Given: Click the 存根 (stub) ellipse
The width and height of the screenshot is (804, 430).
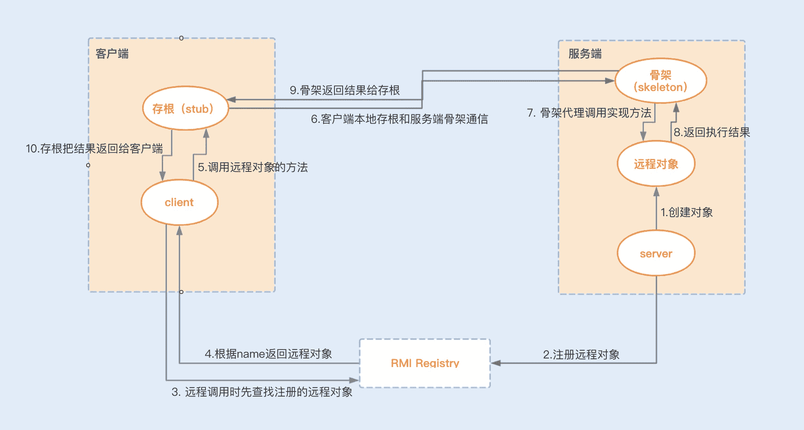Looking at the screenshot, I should (x=185, y=108).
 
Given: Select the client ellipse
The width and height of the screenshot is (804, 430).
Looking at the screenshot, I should (x=179, y=202).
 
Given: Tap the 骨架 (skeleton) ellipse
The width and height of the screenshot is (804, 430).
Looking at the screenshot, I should (x=661, y=81).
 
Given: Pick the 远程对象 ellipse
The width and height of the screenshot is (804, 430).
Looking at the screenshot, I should (x=656, y=164).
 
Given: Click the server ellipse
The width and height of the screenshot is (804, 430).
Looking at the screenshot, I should (x=656, y=253).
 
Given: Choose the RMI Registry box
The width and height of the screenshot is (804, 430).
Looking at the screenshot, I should (x=425, y=363).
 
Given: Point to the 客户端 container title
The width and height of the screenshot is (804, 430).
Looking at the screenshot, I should (x=112, y=54).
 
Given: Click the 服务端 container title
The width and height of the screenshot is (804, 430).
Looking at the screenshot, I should (x=585, y=54).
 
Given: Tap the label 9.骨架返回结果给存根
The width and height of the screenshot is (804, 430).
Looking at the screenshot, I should (x=345, y=90).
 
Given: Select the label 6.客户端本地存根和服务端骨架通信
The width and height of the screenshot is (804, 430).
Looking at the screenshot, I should (x=399, y=119).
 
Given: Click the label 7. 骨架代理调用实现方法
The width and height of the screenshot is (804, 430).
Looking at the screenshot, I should (x=589, y=113).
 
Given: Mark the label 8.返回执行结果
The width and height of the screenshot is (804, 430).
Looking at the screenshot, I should (x=712, y=132).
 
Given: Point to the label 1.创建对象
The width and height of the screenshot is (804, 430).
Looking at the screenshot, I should (x=687, y=212).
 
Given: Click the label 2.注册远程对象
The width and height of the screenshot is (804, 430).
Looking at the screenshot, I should (x=581, y=355).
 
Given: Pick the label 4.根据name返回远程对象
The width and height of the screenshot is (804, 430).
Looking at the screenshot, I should (x=268, y=354).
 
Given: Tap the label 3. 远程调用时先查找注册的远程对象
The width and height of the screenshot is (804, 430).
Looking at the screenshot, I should (x=262, y=392).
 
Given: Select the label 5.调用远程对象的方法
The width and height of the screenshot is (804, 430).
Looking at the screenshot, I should (x=253, y=167).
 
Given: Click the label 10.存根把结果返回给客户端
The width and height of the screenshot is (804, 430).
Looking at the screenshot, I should (x=94, y=149).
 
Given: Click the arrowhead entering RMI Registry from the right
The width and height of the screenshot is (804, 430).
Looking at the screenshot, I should (x=496, y=363).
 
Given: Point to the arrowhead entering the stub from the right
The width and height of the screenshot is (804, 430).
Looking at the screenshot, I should (x=231, y=100).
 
